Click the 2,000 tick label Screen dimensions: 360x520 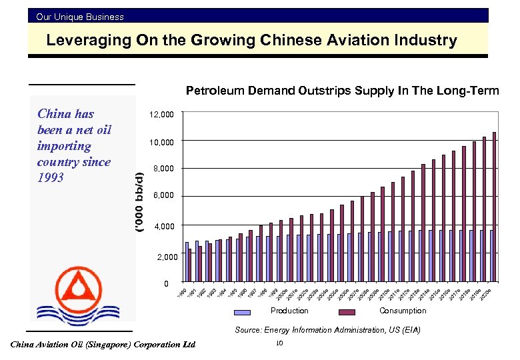167,257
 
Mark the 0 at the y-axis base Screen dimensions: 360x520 167,285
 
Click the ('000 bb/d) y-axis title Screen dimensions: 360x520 139,202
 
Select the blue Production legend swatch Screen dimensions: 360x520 242,311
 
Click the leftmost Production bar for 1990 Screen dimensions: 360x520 187,263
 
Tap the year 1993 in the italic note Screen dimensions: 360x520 51,178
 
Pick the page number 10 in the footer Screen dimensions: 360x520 279,343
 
